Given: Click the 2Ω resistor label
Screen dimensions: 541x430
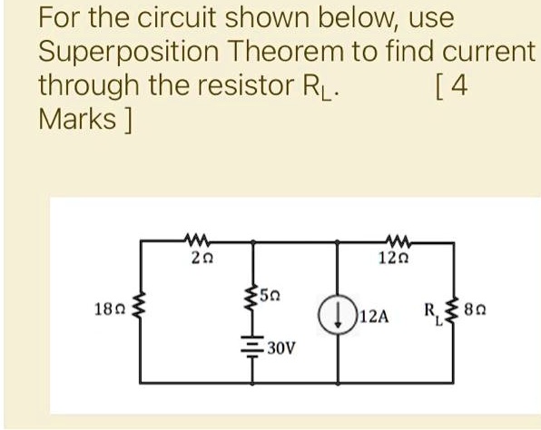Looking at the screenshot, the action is [x=202, y=259].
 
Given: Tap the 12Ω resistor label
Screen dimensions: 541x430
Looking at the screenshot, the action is [x=393, y=258].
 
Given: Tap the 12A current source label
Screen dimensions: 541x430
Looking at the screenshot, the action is [x=374, y=317].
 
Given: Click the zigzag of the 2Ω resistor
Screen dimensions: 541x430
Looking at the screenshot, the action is [x=197, y=240].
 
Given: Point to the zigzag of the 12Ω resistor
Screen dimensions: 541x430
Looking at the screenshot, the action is [x=398, y=241].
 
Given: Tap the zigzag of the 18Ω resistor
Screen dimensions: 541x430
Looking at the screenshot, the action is [x=140, y=305].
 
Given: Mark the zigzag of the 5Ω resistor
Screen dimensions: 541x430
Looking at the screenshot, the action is [x=253, y=297].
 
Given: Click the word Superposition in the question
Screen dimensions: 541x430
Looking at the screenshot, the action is [x=128, y=52].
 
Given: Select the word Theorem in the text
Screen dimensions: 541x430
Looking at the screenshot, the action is [x=286, y=51].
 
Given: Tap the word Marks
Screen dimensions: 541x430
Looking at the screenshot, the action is [x=77, y=119].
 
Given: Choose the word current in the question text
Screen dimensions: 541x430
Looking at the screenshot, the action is [x=488, y=52].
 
